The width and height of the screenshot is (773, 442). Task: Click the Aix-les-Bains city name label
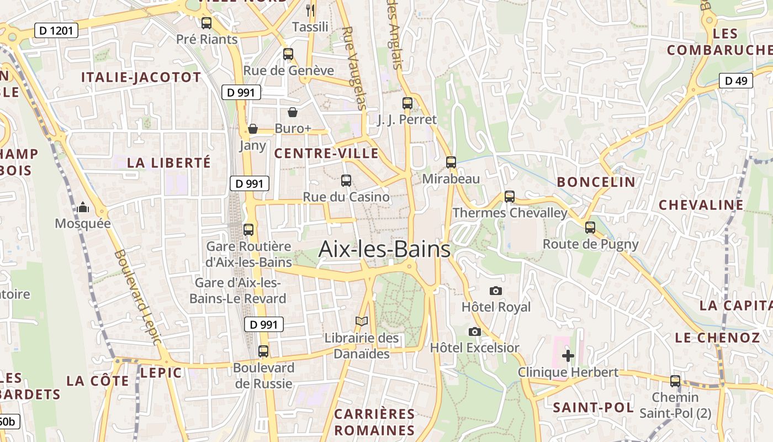point(384,250)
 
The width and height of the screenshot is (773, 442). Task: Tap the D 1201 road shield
point(56,30)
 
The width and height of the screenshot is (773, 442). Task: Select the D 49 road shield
point(736,81)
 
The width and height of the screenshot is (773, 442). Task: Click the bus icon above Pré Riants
point(207,23)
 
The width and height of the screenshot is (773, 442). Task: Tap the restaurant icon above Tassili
point(310,10)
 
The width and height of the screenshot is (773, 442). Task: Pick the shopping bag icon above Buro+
point(293,112)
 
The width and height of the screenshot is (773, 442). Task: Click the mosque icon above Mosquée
point(83,207)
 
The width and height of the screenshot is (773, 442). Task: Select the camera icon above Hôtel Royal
point(496,291)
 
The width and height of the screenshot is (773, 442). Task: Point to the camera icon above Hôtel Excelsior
point(474,331)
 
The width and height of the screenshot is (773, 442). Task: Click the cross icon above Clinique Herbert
point(568,355)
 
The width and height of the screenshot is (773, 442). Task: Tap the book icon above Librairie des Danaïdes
point(362,321)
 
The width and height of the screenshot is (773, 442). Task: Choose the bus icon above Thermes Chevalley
point(510,196)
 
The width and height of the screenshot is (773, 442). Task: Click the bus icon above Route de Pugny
point(590,227)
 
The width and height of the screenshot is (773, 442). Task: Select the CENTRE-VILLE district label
point(326,154)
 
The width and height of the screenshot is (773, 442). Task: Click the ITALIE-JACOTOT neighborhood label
point(141,77)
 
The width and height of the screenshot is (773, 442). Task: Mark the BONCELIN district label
point(596,182)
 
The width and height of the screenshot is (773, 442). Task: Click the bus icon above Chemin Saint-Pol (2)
point(675,381)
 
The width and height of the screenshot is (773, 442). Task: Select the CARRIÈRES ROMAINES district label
point(374,422)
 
